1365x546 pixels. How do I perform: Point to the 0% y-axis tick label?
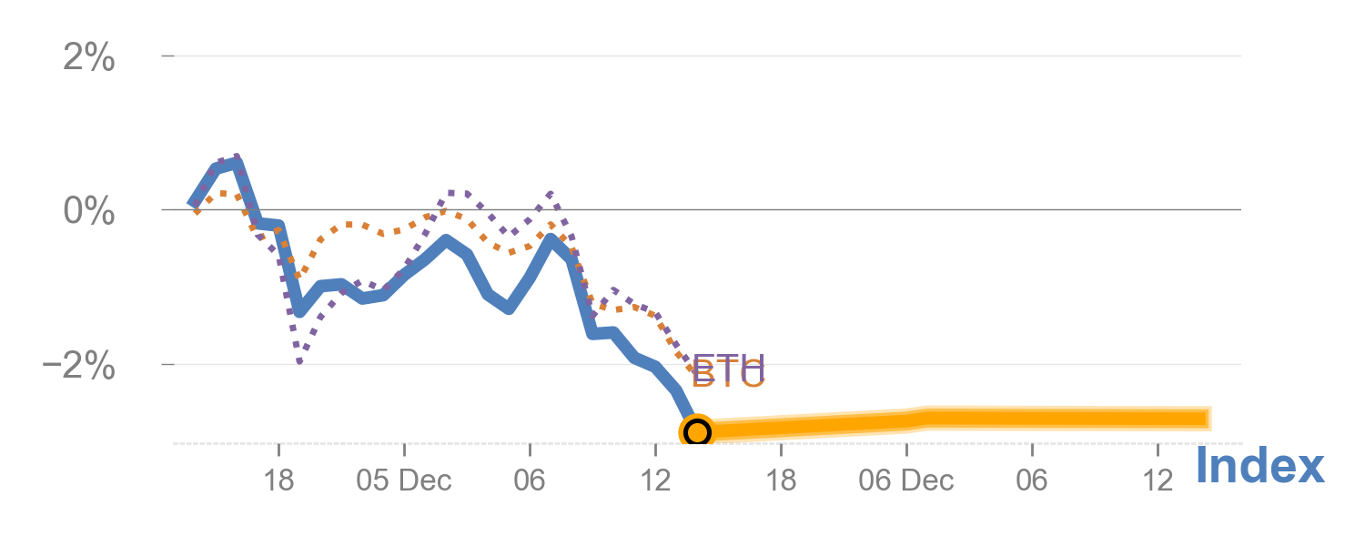(x=89, y=211)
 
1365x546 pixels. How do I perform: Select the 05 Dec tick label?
(x=404, y=480)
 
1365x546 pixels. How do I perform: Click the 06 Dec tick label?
(x=906, y=480)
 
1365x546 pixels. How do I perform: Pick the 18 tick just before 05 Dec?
(x=279, y=480)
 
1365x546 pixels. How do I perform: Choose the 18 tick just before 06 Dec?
(x=781, y=480)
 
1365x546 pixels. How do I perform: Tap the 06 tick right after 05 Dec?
(x=530, y=480)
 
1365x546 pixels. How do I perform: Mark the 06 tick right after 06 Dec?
(x=1032, y=480)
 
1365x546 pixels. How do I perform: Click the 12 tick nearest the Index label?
(x=1158, y=480)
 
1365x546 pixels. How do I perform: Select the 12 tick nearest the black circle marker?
(x=655, y=480)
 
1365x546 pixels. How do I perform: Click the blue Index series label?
(x=1259, y=467)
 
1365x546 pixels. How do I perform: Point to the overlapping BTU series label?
(x=728, y=371)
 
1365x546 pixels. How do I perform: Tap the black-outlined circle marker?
(x=696, y=431)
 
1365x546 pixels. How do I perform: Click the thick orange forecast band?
(x=955, y=420)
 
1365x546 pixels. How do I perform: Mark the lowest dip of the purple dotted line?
(x=299, y=361)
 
